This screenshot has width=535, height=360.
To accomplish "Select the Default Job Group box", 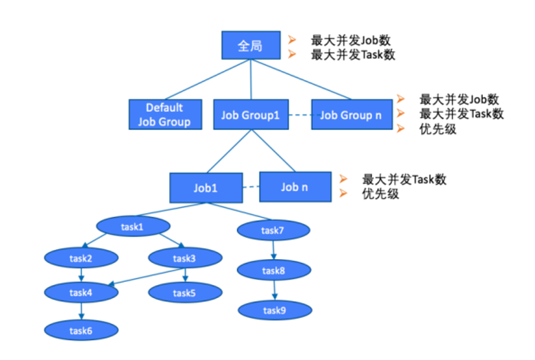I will [164, 114].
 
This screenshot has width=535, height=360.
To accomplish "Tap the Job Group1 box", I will [250, 115].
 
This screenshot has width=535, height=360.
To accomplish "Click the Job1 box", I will [206, 188].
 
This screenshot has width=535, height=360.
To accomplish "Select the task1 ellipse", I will [133, 227].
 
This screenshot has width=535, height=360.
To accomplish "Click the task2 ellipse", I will [81, 259].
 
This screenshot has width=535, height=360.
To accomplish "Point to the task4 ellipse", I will [81, 292].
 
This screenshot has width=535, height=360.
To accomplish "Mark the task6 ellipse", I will [81, 330].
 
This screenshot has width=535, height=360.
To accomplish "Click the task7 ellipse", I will [272, 229].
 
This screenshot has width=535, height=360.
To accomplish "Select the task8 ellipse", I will [273, 271].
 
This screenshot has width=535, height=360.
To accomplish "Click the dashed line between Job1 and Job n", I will [251, 187].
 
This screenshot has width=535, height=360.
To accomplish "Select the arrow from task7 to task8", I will [272, 250].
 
